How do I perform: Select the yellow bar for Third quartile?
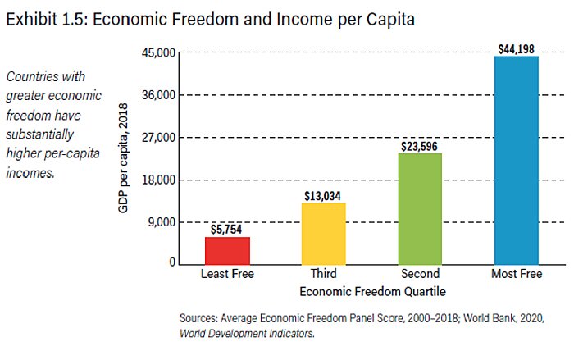pos(324,233)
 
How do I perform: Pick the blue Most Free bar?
pos(517,160)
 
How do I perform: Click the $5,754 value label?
pos(227,230)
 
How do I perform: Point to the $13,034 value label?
pos(324,196)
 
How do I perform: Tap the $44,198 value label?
pos(517,50)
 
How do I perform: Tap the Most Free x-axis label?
pos(517,274)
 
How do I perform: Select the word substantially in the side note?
pos(41,132)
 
